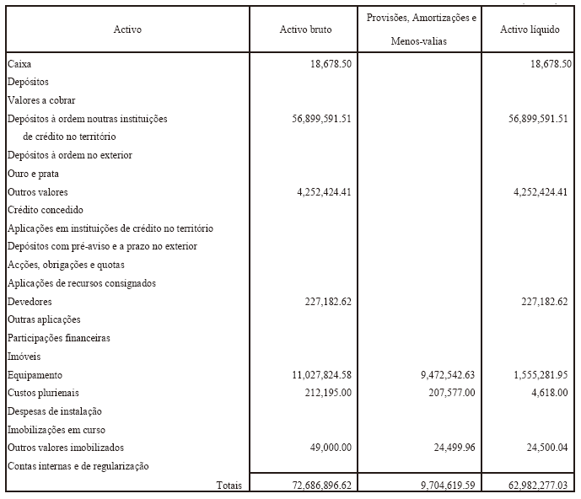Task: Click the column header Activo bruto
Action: coord(305,30)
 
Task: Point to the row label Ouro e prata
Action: coord(33,174)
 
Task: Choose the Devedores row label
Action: coord(30,302)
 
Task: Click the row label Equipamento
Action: coord(35,375)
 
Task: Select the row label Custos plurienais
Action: coord(42,393)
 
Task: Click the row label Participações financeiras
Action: coord(59,338)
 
